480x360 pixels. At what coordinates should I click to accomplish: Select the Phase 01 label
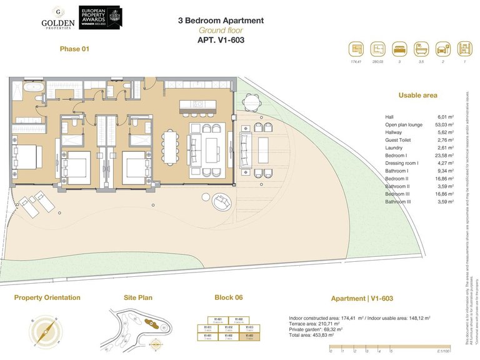pos(74,49)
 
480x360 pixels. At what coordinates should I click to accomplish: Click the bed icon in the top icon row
pos(399,49)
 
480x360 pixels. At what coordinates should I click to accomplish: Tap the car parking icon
pos(442,49)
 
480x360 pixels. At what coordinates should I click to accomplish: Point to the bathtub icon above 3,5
pos(421,49)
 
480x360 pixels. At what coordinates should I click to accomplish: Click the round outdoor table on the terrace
pos(251,102)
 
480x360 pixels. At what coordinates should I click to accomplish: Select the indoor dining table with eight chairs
pos(170,146)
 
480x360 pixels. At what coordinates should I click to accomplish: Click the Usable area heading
pos(417,96)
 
